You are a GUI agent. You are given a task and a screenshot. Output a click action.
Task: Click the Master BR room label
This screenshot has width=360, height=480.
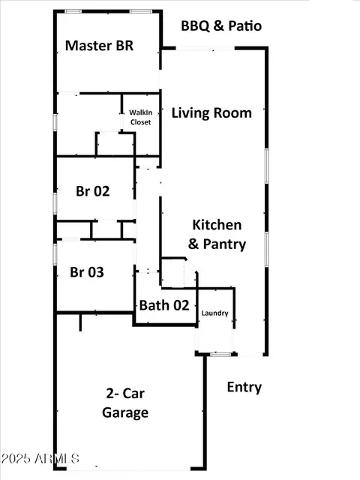tap(100, 46)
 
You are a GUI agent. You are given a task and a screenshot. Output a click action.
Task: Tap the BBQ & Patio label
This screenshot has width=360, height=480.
tap(221, 25)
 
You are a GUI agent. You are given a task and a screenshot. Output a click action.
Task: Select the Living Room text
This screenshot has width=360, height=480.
tap(211, 113)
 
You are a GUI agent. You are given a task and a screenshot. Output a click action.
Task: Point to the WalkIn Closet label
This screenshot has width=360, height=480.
tap(140, 117)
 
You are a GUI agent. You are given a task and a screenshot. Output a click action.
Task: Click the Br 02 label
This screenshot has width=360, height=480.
tap(93, 191)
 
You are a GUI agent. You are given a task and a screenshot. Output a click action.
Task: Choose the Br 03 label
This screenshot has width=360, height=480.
tap(87, 272)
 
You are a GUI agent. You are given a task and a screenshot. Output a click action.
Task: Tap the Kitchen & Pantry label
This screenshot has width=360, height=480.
tap(217, 235)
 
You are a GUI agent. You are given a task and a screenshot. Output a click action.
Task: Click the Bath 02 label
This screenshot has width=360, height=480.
tap(164, 305)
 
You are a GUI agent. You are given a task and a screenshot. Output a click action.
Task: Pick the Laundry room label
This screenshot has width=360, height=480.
tap(215, 313)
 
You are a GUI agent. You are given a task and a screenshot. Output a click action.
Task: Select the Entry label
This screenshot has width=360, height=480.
tap(244, 387)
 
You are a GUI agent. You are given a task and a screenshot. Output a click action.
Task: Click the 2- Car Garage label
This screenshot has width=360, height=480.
tap(125, 403)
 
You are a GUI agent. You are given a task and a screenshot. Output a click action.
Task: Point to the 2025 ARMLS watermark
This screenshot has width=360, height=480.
tap(40, 458)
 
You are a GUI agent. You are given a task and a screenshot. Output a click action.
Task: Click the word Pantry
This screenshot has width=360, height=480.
tap(225, 244)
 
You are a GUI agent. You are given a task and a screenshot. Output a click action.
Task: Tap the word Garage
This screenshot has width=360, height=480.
tap(125, 412)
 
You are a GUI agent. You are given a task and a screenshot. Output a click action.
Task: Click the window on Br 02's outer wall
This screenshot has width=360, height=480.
tap(55, 203)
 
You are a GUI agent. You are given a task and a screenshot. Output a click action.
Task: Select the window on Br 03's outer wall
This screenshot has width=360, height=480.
tap(55, 254)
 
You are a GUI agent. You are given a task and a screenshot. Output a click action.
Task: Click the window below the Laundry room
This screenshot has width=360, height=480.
tap(220, 355)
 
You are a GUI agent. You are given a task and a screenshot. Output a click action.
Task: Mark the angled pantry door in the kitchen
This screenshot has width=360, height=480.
tap(190, 265)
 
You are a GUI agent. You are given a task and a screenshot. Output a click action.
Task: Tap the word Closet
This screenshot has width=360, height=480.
tap(140, 121)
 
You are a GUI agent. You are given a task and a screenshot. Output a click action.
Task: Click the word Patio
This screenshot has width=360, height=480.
tap(245, 25)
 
